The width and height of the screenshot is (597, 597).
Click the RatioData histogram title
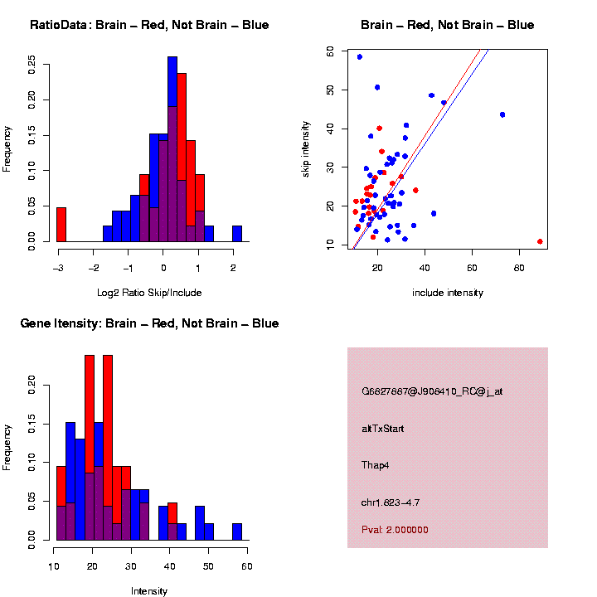[x=149, y=25]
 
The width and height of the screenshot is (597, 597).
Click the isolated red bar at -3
[x=61, y=224]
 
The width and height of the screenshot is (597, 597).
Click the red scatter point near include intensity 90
[x=540, y=241]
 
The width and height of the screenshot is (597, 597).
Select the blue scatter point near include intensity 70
[x=502, y=114]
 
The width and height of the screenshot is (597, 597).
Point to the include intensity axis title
[x=448, y=292]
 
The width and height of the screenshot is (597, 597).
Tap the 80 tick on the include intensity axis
[x=520, y=269]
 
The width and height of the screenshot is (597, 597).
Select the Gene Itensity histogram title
[x=149, y=323]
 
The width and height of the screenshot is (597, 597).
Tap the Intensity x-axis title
[x=149, y=591]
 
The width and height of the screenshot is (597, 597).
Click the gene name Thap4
[x=376, y=465]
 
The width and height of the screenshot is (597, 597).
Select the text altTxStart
[x=382, y=429]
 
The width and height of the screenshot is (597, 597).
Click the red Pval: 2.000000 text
[x=395, y=530]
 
